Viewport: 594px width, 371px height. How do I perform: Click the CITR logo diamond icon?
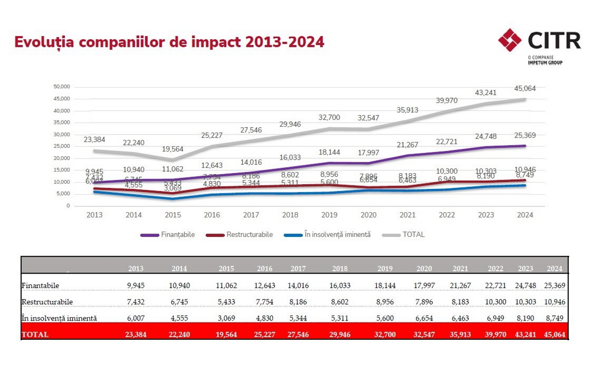point(510,40)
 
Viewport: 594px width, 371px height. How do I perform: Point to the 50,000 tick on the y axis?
point(62,87)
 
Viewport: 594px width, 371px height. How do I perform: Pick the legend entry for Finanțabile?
point(168,234)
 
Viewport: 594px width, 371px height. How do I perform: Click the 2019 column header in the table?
point(385,269)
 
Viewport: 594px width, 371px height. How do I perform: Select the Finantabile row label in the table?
point(41,285)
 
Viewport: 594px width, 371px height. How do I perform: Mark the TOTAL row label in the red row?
point(35,334)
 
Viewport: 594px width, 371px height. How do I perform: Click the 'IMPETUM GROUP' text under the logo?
point(545,63)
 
